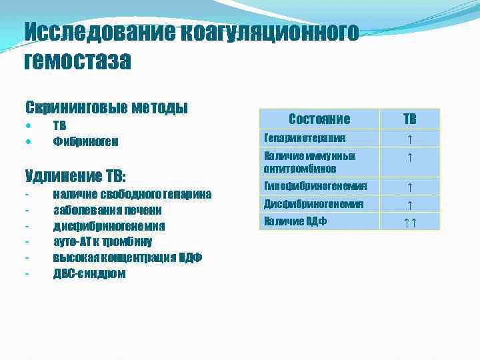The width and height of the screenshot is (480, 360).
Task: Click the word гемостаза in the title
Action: (78, 61)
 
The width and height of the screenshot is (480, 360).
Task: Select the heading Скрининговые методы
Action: (106, 107)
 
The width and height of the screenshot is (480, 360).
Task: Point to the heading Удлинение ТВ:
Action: (75, 177)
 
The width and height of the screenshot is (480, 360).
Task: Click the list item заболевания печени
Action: (107, 210)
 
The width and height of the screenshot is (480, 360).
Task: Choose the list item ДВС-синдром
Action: (89, 273)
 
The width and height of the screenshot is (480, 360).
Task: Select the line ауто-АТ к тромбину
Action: (103, 241)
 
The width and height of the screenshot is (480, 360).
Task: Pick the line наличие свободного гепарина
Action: (132, 194)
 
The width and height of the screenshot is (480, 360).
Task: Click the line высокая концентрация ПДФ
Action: (127, 257)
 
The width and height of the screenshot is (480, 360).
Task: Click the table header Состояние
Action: (319, 119)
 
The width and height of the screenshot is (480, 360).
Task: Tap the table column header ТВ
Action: (409, 119)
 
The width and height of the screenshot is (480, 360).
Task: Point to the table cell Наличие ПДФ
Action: (295, 221)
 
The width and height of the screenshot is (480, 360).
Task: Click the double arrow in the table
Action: (409, 221)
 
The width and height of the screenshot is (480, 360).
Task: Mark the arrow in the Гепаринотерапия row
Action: (409, 139)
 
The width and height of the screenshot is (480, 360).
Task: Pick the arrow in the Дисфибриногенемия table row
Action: (409, 204)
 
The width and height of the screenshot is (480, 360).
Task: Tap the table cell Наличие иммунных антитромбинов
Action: (309, 162)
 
